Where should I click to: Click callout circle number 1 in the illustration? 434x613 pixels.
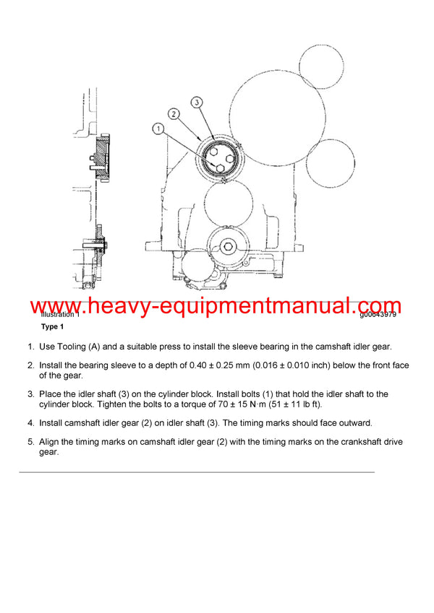158,129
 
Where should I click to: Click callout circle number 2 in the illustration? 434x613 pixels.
174,113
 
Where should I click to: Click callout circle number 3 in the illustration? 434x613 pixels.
197,103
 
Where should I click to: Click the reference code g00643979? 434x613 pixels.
378,315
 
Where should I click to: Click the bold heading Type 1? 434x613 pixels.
54,327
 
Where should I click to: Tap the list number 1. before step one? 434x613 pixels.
31,347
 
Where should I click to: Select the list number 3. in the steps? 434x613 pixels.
31,394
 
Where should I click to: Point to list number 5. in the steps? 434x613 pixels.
31,441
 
